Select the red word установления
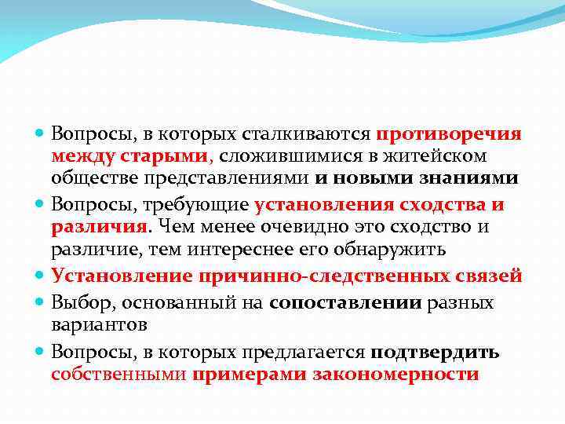click(x=323, y=205)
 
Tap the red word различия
click(x=99, y=227)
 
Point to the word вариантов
click(x=88, y=324)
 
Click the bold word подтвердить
click(x=435, y=353)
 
